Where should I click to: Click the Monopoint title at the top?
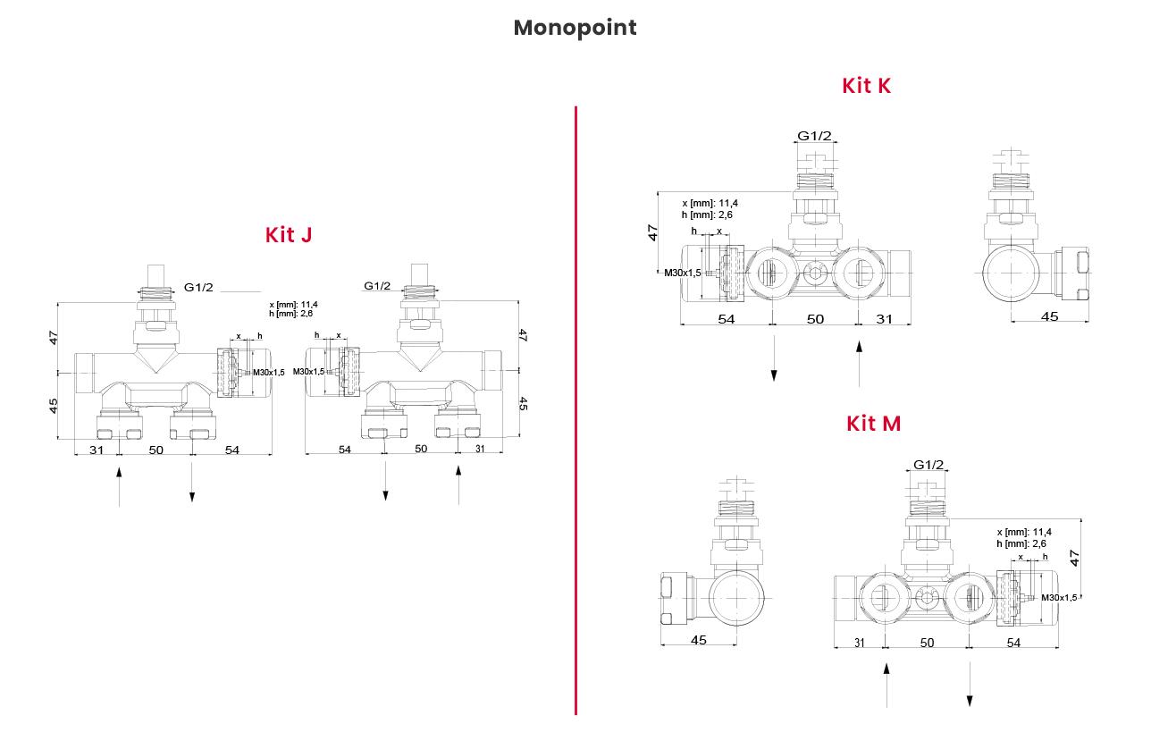pos(575,28)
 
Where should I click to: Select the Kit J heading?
pos(288,235)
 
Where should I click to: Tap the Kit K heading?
pos(866,86)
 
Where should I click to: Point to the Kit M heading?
pos(873,424)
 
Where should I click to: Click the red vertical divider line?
pos(575,411)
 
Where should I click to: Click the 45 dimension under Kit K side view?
pos(1049,316)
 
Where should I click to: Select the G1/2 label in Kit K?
pos(814,136)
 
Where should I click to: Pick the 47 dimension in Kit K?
pos(653,232)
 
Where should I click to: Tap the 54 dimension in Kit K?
pos(726,319)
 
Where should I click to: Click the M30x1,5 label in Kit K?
pos(682,273)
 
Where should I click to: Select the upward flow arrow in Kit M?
pos(886,685)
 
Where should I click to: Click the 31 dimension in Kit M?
pos(859,643)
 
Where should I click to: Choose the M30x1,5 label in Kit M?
pos(1059,597)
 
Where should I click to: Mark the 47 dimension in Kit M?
pos(1075,557)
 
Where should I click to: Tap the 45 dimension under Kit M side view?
pos(699,640)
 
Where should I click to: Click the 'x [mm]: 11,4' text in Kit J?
pos(293,305)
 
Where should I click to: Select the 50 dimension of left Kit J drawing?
pos(155,450)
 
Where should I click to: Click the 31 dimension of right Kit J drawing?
pos(480,449)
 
